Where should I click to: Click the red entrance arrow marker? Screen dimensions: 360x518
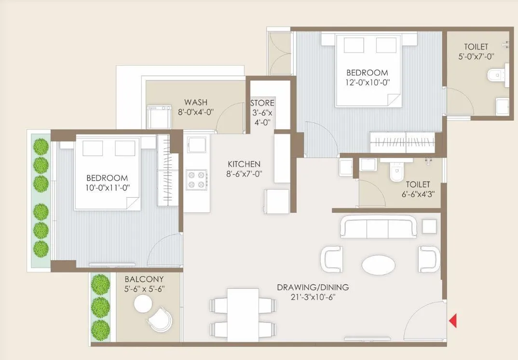[x=453, y=320]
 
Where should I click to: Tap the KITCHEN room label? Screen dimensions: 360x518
[x=245, y=164]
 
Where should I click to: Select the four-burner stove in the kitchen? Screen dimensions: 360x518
[x=196, y=180]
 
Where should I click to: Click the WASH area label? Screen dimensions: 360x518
[x=196, y=102]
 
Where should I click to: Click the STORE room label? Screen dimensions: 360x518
[x=262, y=103]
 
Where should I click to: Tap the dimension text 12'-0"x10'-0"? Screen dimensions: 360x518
[x=368, y=82]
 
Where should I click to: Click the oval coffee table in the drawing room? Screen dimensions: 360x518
[x=378, y=265]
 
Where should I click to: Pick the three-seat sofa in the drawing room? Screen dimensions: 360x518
[x=378, y=227]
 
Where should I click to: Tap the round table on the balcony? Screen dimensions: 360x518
[x=143, y=304]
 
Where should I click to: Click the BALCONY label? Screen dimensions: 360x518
[x=144, y=279]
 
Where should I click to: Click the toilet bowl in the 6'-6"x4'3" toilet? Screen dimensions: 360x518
[x=396, y=173]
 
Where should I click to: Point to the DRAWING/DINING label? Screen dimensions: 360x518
[x=313, y=288]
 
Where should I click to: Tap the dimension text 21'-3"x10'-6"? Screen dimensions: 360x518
[x=313, y=297]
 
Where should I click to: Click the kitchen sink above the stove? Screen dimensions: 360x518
[x=196, y=145]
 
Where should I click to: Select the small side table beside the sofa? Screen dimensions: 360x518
[x=429, y=227]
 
